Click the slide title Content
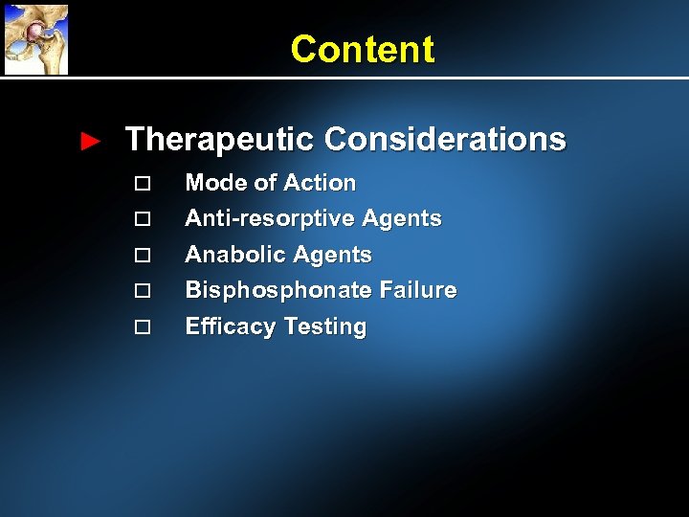point(362,49)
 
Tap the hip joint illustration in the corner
point(35,38)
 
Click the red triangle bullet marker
point(90,142)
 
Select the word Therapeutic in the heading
point(219,140)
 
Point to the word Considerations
point(445,140)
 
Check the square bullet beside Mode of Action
point(143,184)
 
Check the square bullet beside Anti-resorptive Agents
point(143,219)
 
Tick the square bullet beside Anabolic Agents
point(143,256)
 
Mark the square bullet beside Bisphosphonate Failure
point(143,290)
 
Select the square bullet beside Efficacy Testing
point(143,326)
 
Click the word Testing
point(324,326)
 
